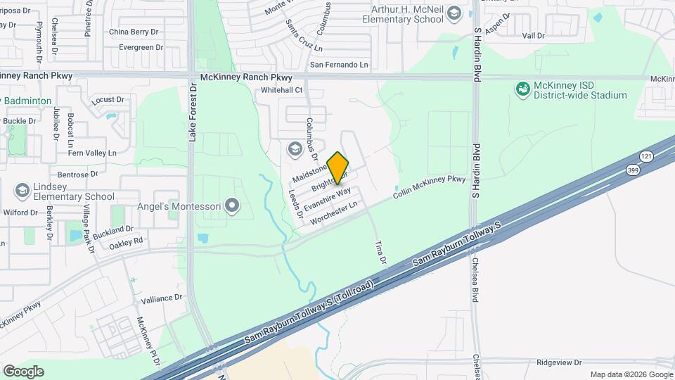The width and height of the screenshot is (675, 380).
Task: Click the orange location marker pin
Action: [x=338, y=167]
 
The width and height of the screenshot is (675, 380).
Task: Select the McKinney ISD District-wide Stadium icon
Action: [x=522, y=89]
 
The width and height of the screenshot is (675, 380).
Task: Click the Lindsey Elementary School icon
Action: [x=22, y=191]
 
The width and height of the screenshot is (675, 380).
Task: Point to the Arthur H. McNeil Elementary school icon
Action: [x=454, y=13]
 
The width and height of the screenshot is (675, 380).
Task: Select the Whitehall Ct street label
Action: [x=281, y=90]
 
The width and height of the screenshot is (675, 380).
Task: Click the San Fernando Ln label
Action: [x=340, y=65]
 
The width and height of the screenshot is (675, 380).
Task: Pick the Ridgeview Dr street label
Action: [x=559, y=362]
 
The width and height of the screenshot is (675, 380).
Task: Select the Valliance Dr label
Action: [x=161, y=299]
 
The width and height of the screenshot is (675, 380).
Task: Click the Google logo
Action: [x=23, y=371]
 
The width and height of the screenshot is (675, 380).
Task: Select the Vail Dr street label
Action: [x=534, y=35]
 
